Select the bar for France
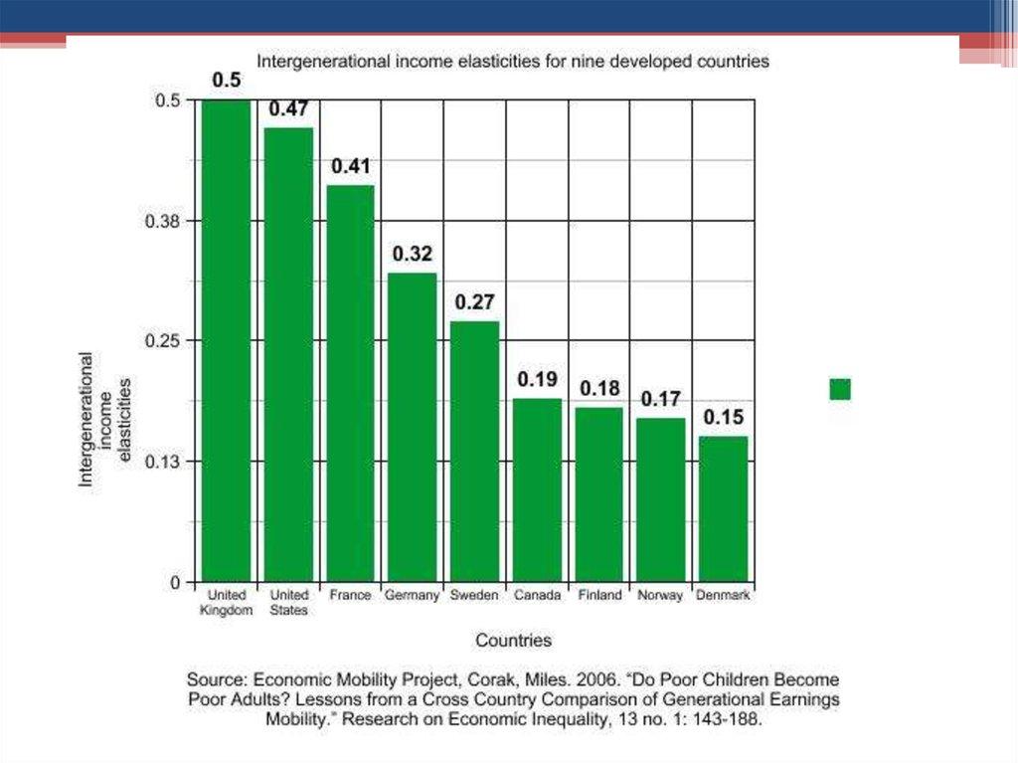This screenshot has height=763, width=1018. [x=350, y=383]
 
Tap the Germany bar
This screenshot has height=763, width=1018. [x=412, y=427]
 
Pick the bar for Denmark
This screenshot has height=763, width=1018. [x=723, y=508]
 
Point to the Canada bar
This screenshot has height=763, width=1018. [x=537, y=489]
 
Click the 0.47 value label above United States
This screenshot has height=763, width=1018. [x=288, y=109]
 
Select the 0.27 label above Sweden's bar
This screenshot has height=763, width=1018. [x=475, y=302]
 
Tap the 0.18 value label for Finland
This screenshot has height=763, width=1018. [x=599, y=388]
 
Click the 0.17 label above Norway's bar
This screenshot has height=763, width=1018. [x=661, y=399]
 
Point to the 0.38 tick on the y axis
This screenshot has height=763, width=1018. [x=164, y=221]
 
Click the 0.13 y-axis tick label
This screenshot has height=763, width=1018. [x=164, y=462]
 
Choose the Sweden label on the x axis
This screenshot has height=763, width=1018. [x=474, y=596]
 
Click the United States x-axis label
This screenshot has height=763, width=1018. [x=288, y=603]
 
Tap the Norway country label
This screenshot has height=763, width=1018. [x=661, y=596]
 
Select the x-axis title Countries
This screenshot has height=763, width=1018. [x=513, y=641]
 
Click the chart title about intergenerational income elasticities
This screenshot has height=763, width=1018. [x=513, y=61]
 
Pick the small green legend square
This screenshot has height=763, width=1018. [x=840, y=389]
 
